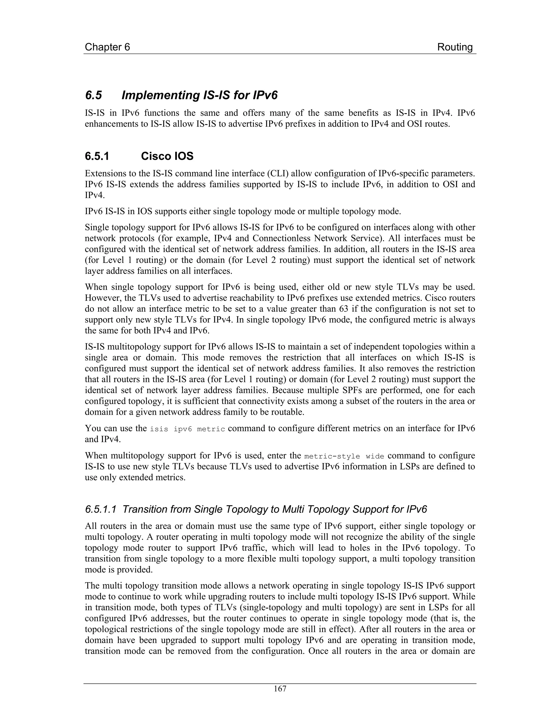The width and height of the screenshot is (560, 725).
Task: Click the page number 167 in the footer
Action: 280,689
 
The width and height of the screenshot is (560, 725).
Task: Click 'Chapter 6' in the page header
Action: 107,47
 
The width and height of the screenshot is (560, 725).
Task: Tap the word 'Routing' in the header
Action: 454,47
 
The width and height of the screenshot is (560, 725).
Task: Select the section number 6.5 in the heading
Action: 94,95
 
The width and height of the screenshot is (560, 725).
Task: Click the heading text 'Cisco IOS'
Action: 167,156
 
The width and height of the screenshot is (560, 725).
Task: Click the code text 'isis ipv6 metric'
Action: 187,429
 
